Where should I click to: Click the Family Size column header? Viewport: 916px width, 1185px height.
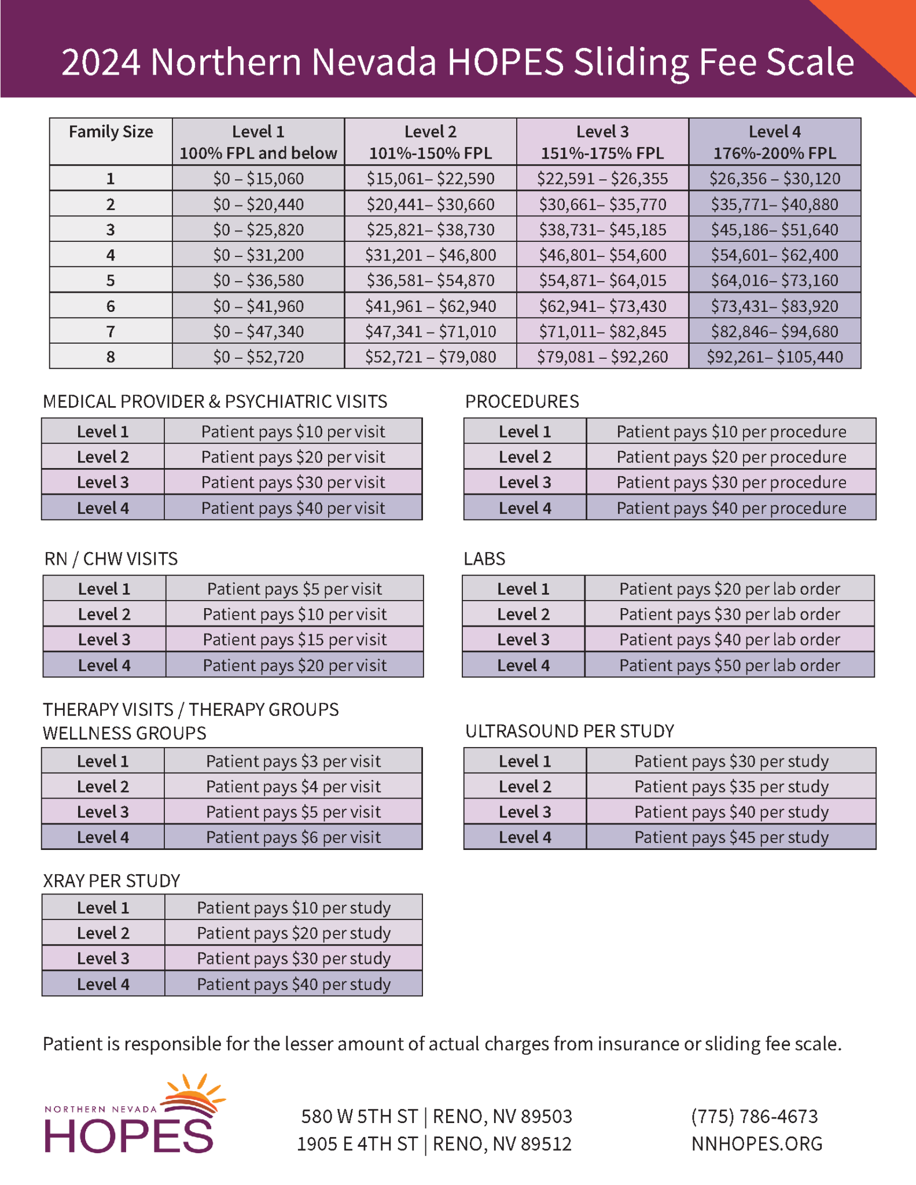coord(111,133)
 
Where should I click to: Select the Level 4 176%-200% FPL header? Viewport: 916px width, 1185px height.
coord(774,142)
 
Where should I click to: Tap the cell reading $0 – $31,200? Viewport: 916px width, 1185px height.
coord(258,255)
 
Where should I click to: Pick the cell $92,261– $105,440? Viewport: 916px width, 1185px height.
coord(774,357)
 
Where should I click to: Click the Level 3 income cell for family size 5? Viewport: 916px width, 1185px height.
coord(602,281)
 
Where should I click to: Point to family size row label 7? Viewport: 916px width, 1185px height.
coord(111,332)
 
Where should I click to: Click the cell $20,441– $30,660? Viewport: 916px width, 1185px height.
coord(431,204)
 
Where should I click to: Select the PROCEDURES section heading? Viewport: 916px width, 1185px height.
coord(522,402)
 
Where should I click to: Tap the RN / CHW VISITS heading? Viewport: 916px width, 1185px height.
coord(111,559)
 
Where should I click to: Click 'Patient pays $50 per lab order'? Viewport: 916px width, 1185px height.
coord(729,665)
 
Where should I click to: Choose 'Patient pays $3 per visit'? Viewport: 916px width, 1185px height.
coord(293,761)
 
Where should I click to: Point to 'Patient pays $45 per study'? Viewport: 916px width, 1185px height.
coord(731,837)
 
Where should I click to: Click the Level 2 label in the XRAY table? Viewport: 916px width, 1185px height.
coord(103,933)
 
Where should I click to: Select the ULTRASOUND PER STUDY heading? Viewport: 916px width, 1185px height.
coord(569,731)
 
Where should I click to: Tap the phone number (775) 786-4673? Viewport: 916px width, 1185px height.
coord(754,1116)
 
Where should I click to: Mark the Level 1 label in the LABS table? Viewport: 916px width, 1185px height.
coord(523,589)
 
